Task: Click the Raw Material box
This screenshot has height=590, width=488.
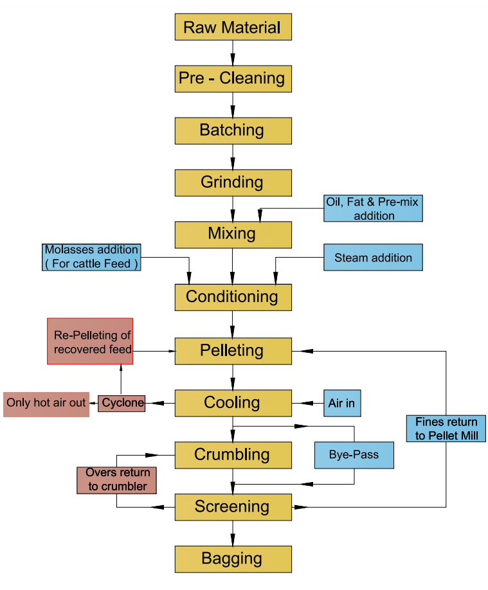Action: tap(233, 27)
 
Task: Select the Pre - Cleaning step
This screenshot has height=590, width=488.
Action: tap(233, 78)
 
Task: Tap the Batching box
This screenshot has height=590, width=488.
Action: tap(233, 130)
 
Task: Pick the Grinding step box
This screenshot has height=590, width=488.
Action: tap(233, 183)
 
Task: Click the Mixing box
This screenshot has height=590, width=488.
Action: tap(233, 235)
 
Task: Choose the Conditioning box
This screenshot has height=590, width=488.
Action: tap(233, 297)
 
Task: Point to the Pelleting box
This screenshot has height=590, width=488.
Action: tap(233, 351)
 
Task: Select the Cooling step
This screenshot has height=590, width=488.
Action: tap(233, 403)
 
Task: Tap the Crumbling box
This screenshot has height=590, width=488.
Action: tap(233, 455)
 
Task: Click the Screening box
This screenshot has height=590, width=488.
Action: tap(233, 507)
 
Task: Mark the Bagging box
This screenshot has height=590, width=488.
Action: tap(233, 559)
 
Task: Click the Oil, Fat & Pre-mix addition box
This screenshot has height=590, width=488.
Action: tap(374, 209)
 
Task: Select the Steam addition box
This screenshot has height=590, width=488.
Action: tap(374, 258)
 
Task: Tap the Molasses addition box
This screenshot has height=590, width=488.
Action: tap(91, 256)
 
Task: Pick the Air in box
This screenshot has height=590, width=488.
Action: tap(342, 404)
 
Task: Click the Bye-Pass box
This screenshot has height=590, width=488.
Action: tap(354, 455)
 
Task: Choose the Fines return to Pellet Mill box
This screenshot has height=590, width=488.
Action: tap(446, 429)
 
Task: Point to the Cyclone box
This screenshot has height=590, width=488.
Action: tap(121, 403)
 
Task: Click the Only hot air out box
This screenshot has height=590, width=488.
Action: tap(46, 404)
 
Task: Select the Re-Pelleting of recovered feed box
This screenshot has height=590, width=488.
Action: tap(90, 341)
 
